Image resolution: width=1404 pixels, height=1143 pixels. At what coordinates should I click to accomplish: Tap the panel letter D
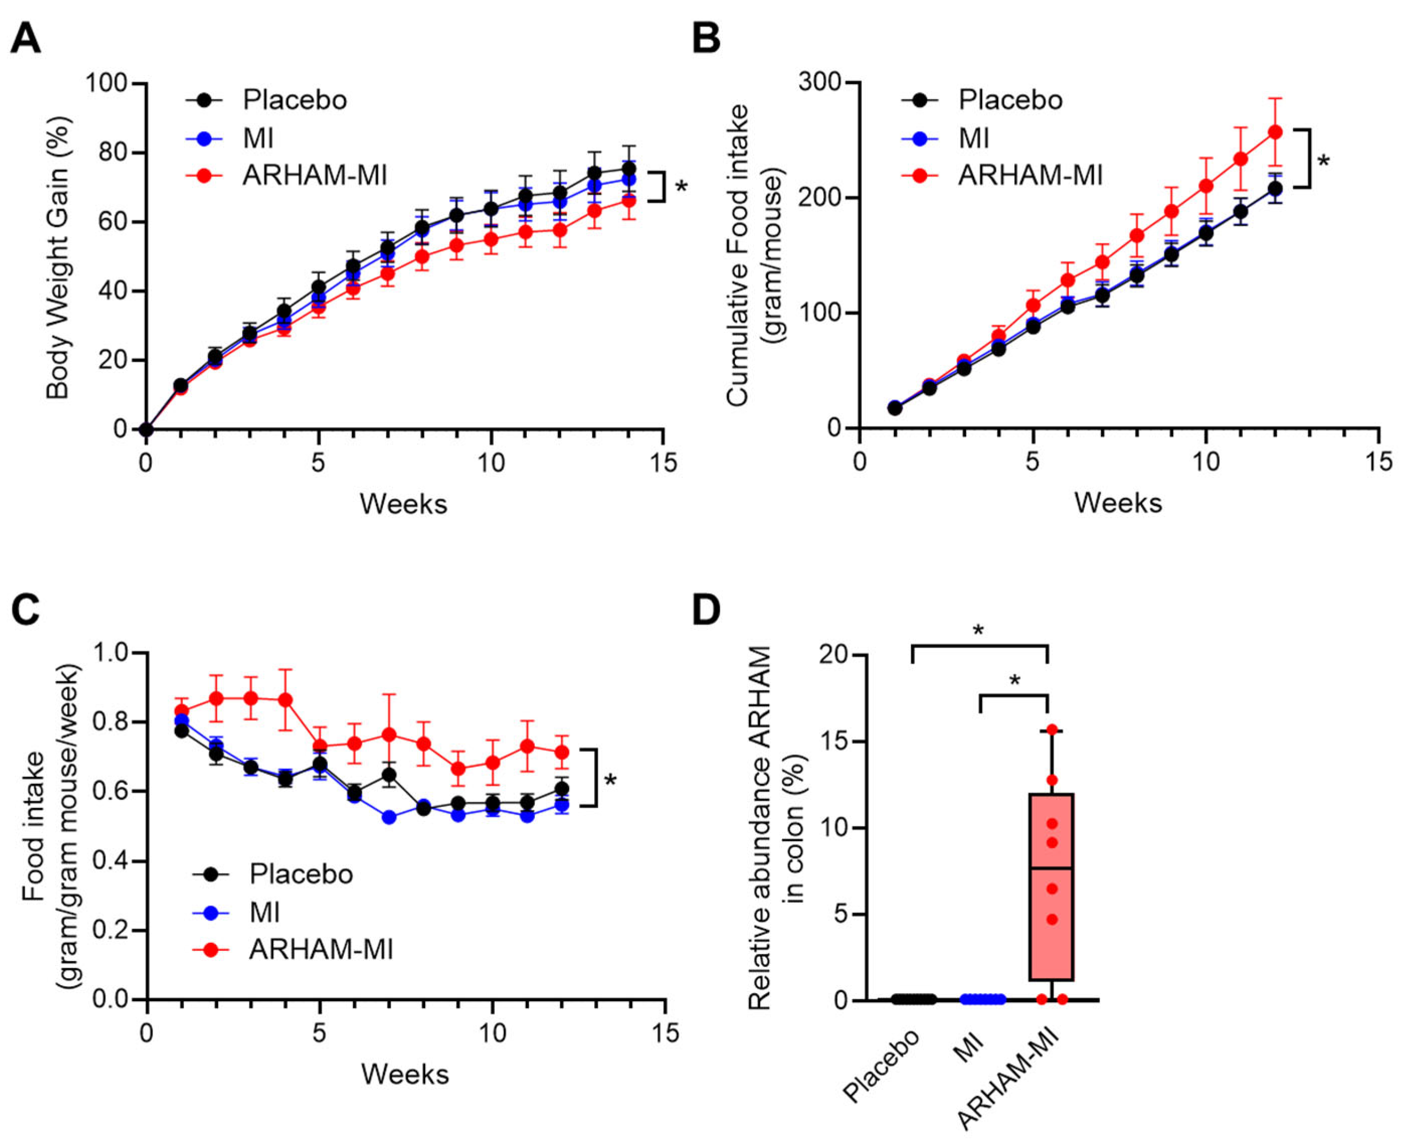706,611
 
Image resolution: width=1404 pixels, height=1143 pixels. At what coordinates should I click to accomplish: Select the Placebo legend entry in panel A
294,100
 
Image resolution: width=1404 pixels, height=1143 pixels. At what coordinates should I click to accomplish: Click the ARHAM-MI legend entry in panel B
1029,176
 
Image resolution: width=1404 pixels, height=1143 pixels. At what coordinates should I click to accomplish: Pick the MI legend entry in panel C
264,913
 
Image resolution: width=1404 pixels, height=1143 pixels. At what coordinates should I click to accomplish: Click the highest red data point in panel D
1052,730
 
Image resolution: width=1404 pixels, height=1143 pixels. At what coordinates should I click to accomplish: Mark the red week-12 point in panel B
1275,132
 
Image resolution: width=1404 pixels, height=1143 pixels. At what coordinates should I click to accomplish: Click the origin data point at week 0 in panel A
146,429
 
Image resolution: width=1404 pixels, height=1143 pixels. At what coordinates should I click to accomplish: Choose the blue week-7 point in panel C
389,817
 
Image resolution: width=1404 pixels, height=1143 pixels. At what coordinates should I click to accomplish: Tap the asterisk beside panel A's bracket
681,187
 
